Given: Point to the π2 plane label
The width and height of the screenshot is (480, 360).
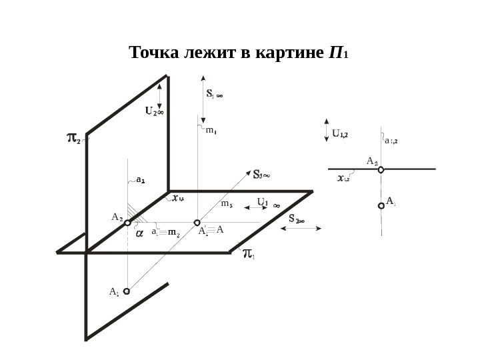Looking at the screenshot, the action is (73, 139).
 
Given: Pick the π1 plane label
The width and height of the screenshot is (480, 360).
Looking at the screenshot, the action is (248, 254).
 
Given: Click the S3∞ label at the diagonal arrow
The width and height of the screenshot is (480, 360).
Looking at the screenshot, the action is (261, 175).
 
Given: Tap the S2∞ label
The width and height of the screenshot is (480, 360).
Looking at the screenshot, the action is (296, 219).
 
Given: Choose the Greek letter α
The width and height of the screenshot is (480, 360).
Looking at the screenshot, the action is (139, 234).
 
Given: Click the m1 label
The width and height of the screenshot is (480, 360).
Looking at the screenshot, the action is (211, 131).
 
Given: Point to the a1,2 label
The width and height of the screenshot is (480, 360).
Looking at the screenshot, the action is (391, 141).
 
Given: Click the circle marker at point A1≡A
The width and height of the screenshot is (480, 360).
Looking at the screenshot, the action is (197, 223).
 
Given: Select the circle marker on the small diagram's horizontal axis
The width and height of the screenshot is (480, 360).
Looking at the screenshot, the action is (381, 169).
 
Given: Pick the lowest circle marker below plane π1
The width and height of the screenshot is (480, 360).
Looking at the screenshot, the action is (127, 291).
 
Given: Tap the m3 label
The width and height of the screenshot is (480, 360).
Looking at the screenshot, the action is (226, 205).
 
